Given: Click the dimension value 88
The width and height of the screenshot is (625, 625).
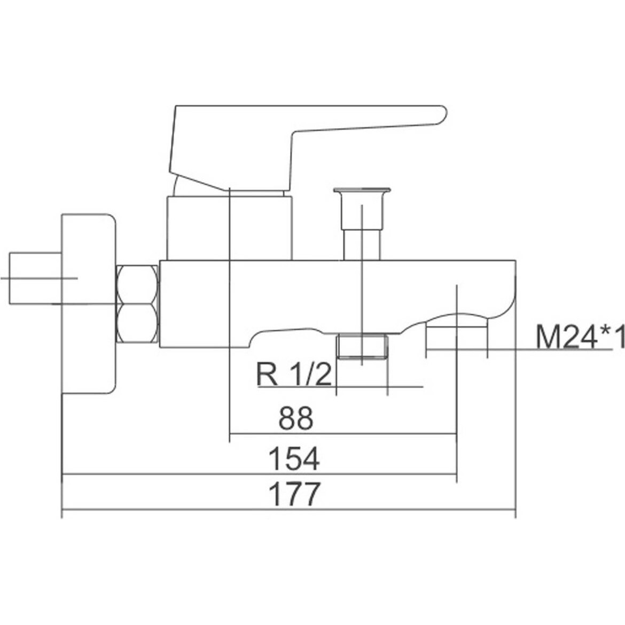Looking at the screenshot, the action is (296, 417).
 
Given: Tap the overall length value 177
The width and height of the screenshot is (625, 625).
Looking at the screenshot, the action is (294, 494).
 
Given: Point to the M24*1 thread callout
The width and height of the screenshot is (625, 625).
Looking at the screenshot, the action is (580, 337).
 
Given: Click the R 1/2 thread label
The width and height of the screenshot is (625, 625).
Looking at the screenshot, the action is (294, 374).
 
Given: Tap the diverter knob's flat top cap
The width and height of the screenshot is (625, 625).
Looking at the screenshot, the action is (362, 190).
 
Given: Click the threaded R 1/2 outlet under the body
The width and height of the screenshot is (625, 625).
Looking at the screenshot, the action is (362, 347).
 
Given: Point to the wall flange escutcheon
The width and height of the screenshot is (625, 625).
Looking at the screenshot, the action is (89, 304).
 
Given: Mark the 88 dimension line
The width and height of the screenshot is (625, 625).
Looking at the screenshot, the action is (343, 433).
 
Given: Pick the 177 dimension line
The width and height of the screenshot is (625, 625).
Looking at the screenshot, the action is (289, 510).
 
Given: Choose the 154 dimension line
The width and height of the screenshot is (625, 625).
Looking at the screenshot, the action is (260, 474).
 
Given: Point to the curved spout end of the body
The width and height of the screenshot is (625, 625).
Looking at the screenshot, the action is (498, 295).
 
